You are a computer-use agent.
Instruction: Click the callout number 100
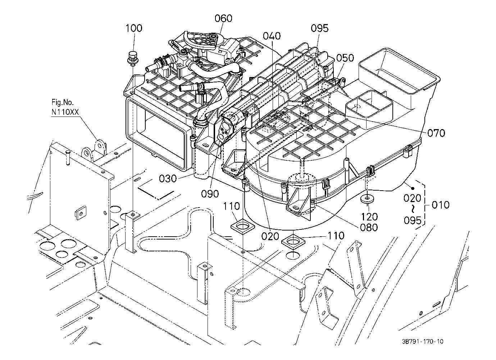click(134, 28)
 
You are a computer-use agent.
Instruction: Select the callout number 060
click(223, 18)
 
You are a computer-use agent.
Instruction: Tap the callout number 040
click(272, 36)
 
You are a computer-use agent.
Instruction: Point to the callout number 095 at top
click(319, 28)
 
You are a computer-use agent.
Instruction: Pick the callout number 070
click(436, 133)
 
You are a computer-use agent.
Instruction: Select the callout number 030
click(168, 178)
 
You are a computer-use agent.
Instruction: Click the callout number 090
click(210, 194)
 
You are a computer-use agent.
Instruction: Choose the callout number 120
click(369, 217)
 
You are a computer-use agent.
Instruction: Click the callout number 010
click(440, 205)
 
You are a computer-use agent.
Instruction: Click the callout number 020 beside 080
click(270, 236)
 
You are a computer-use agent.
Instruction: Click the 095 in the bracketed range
click(412, 220)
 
